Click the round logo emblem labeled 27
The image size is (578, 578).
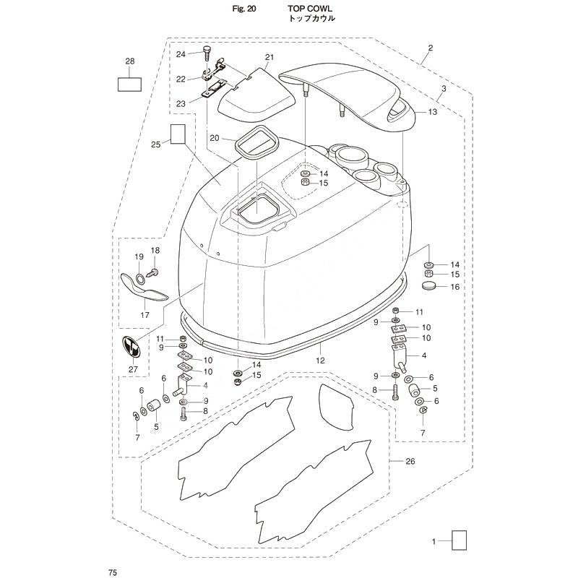click(x=131, y=347)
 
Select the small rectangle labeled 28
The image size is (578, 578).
click(x=129, y=84)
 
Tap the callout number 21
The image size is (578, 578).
click(x=269, y=57)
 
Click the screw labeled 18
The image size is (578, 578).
click(x=152, y=273)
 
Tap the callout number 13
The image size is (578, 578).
click(x=432, y=111)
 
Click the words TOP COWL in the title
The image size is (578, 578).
click(x=310, y=9)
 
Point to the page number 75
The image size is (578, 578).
click(x=113, y=572)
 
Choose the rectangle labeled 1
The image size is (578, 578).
click(x=459, y=540)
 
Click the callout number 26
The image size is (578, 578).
click(x=410, y=461)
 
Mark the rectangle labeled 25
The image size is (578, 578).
click(x=178, y=134)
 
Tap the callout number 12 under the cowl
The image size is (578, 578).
click(x=320, y=361)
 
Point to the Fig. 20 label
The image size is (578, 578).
click(x=244, y=9)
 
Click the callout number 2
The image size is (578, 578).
click(x=430, y=48)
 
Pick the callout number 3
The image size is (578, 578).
click(x=444, y=88)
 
